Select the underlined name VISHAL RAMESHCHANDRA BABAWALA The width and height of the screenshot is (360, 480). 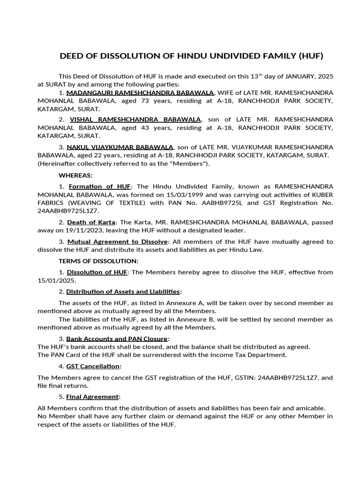coord(135,120)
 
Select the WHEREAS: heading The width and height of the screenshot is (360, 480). coord(75,175)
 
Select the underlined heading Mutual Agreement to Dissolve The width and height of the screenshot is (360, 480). coord(117,241)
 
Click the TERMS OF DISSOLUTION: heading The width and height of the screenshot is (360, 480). coord(98,261)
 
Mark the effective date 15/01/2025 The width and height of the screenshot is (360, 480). coord(54,280)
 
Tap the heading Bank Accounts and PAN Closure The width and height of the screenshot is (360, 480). coord(117,338)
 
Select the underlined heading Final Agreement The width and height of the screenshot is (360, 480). coord(93,397)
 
